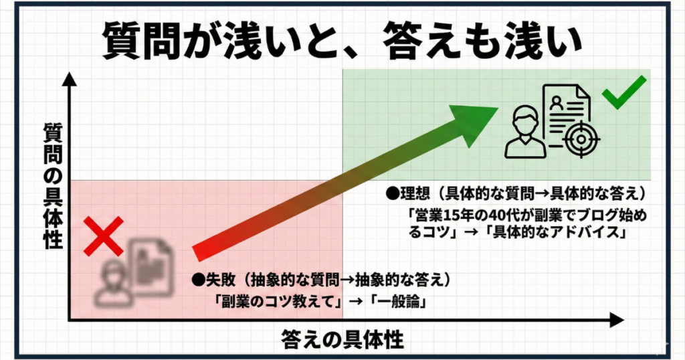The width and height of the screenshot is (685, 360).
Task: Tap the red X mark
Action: pos(104,236)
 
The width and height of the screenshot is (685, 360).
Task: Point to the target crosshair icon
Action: pos(581,139)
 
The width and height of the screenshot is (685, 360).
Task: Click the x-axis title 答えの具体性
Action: pos(342,340)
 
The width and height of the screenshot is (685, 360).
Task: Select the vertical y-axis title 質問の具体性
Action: pos(54,186)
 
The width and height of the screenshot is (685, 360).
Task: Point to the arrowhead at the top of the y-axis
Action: pos(69,79)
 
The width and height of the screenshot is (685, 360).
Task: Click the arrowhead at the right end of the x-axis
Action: pos(616,320)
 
